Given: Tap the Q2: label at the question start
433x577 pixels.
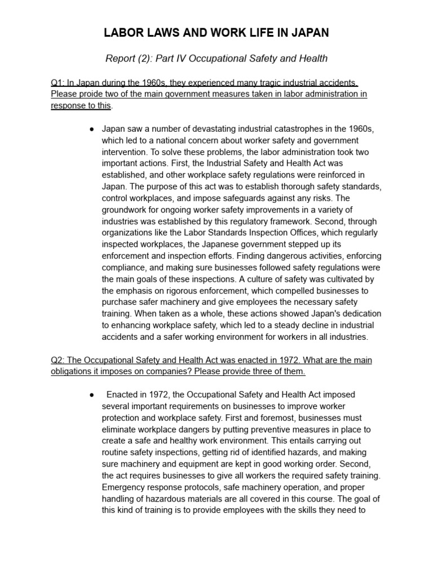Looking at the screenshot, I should tap(58, 360).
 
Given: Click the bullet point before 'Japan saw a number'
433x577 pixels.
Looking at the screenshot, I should tap(91, 129).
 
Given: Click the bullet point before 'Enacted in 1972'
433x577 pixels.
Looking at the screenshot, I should tap(91, 395).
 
